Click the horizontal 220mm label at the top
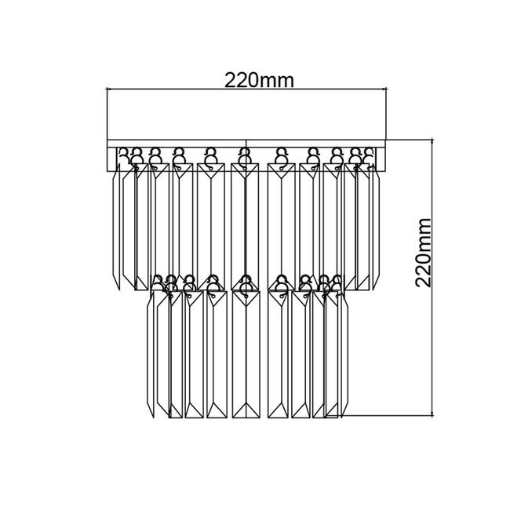(259, 80)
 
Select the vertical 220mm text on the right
(423, 253)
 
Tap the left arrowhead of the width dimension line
(109, 89)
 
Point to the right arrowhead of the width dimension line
(384, 89)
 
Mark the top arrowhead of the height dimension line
(432, 141)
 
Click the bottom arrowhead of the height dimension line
(432, 413)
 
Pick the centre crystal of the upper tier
(245, 227)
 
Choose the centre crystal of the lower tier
(246, 354)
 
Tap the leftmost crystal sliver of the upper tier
(116, 227)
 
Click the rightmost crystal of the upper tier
(376, 227)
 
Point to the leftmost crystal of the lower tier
(151, 354)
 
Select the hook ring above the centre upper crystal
(244, 156)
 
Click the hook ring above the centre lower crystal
(246, 284)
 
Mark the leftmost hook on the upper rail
(123, 155)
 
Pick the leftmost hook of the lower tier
(158, 282)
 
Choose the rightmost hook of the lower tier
(337, 282)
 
